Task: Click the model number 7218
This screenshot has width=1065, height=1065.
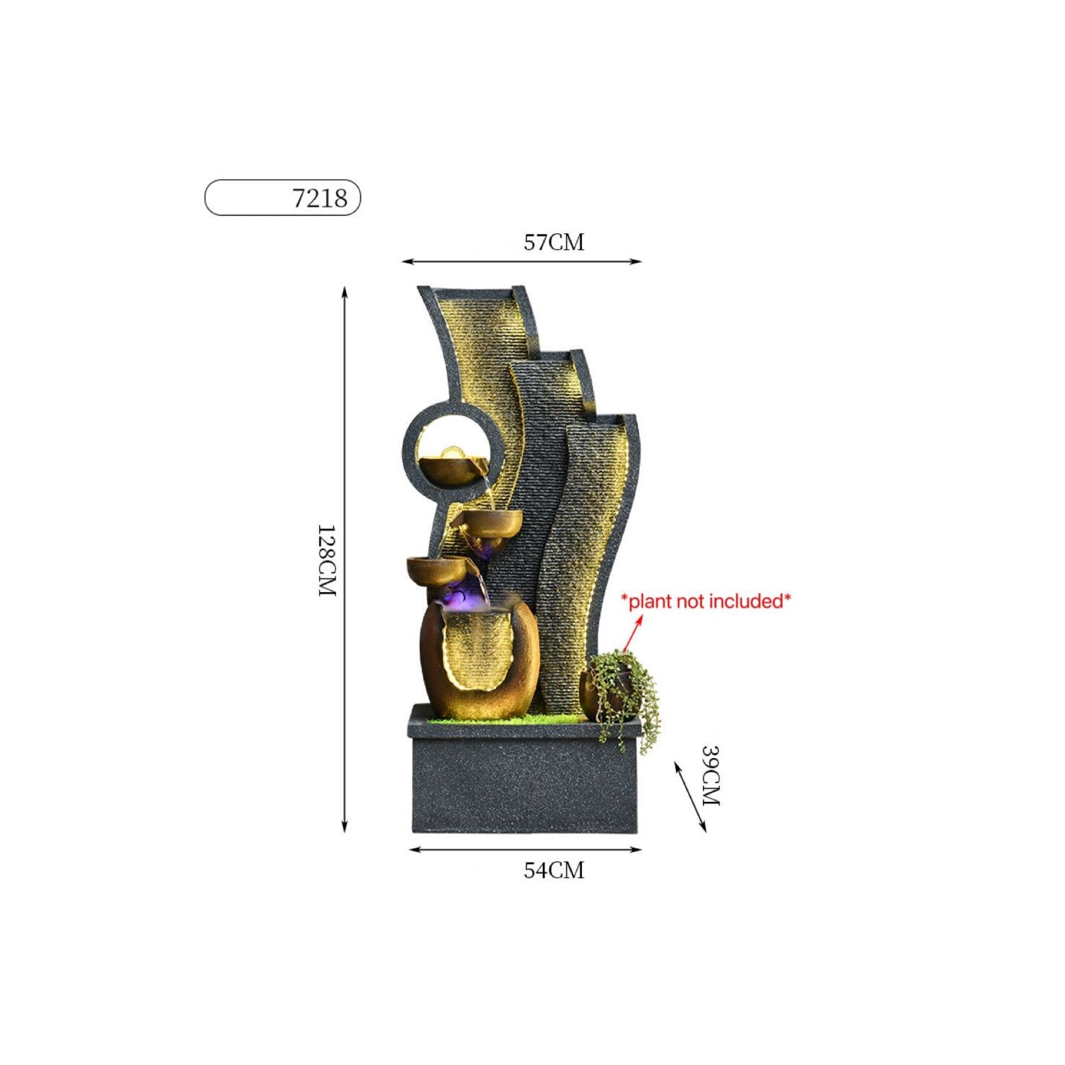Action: point(320,198)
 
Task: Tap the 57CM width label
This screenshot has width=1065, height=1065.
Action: point(553,242)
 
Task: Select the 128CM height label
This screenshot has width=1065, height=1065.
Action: point(326,560)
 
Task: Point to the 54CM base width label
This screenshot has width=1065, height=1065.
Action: point(553,870)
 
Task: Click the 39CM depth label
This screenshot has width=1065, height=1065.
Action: point(710,775)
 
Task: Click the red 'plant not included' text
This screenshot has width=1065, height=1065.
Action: point(706,600)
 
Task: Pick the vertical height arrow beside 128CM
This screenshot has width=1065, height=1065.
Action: point(345,559)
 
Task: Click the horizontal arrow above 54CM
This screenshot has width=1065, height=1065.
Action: point(525,850)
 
